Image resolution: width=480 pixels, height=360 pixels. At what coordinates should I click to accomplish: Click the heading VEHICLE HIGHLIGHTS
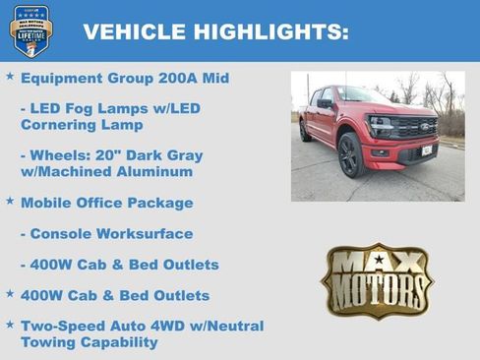[x=216, y=32]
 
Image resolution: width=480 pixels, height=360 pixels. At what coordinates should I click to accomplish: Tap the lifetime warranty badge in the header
[x=30, y=30]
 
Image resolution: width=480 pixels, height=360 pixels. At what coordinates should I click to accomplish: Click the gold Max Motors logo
[x=377, y=280]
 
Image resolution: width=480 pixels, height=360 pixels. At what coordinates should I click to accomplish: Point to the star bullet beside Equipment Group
[x=10, y=76]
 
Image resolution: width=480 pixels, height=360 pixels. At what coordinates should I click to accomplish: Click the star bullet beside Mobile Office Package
[x=10, y=201]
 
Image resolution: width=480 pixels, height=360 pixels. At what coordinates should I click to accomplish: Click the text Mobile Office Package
[x=106, y=203]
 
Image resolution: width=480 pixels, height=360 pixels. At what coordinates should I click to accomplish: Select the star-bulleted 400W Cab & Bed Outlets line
[x=115, y=295]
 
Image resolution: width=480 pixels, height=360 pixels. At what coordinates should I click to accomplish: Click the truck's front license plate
[x=426, y=150]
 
